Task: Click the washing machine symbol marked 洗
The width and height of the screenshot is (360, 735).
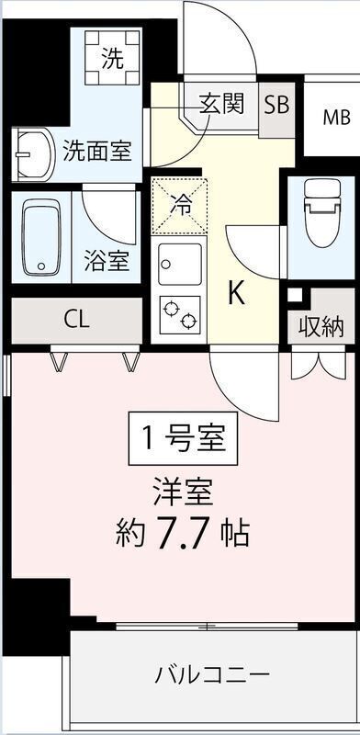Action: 113,57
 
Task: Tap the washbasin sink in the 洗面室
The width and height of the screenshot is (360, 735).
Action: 33,155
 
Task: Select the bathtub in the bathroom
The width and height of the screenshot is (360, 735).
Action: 41,237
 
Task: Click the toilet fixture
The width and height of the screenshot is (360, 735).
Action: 321,212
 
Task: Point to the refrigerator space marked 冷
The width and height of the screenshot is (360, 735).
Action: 180,206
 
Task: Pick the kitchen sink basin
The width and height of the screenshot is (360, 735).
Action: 179,265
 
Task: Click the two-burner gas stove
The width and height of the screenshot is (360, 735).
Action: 179,315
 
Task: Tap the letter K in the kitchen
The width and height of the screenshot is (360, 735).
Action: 237,295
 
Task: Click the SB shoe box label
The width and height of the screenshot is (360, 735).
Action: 276,105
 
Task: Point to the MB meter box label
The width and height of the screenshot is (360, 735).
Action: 336,118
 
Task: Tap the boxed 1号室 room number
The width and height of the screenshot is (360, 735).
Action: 184,438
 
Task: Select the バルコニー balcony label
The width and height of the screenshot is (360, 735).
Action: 212,675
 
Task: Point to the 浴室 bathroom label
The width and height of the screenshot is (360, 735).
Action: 107,261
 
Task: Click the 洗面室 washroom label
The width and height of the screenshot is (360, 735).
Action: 97,151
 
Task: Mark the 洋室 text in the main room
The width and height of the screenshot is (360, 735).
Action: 183,492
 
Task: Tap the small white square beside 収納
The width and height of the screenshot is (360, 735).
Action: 295,295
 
